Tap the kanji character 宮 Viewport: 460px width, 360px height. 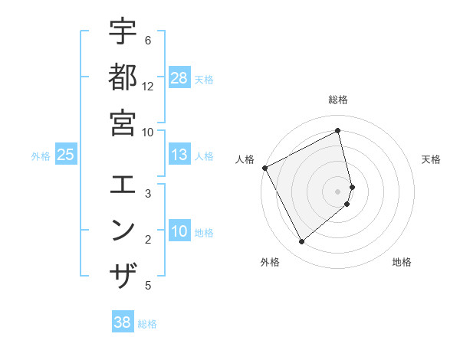[123, 123]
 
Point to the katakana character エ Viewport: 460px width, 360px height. [123, 185]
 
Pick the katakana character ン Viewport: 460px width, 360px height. [123, 230]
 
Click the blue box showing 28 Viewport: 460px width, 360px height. [179, 78]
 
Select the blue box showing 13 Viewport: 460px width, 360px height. [179, 155]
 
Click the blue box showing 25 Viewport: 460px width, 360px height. [66, 155]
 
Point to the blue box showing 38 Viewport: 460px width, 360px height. [123, 323]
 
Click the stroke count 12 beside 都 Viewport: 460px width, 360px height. [148, 86]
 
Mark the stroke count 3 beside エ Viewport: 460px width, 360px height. [148, 194]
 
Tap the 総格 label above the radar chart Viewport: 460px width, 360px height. [338, 100]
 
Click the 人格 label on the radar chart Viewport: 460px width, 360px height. [245, 159]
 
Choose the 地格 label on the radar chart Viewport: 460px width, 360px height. [402, 262]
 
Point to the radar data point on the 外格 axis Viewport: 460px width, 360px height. [301, 242]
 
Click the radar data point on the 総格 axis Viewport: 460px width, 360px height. [338, 131]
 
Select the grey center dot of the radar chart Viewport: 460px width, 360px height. [338, 191]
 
